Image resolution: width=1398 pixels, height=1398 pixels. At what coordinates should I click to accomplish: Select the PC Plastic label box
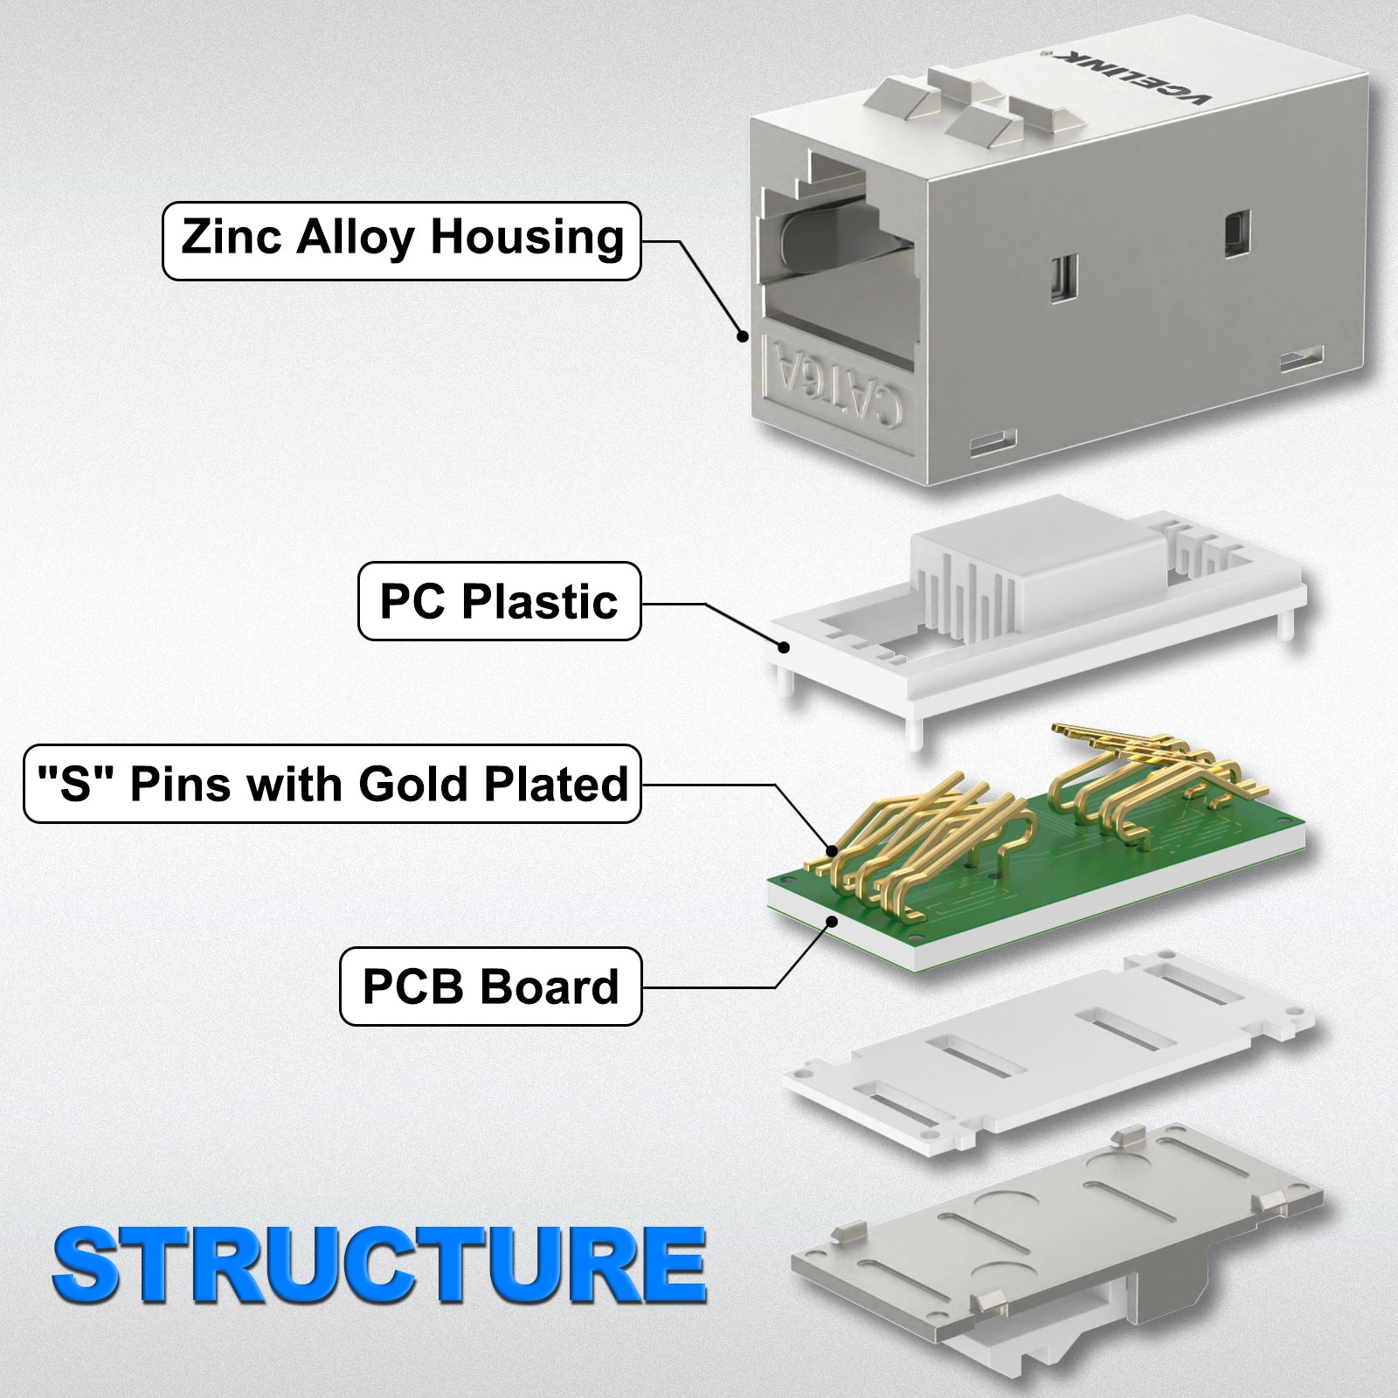click(499, 601)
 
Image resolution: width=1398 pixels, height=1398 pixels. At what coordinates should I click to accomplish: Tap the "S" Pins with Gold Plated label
click(332, 784)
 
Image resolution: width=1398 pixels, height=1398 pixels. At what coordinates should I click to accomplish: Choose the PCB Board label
click(490, 987)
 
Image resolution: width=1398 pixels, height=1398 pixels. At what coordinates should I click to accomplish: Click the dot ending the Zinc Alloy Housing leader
click(744, 335)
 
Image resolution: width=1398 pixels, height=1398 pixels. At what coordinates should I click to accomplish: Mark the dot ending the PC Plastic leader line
click(786, 647)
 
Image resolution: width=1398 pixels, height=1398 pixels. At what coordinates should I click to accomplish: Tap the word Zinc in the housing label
click(230, 239)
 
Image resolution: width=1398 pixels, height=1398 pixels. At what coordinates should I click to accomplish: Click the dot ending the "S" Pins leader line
click(832, 848)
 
